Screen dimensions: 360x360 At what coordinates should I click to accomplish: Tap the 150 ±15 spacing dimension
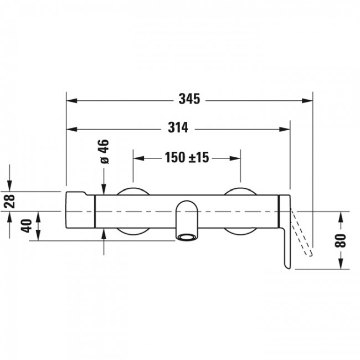186,158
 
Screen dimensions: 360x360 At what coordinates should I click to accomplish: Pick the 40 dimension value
26,226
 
